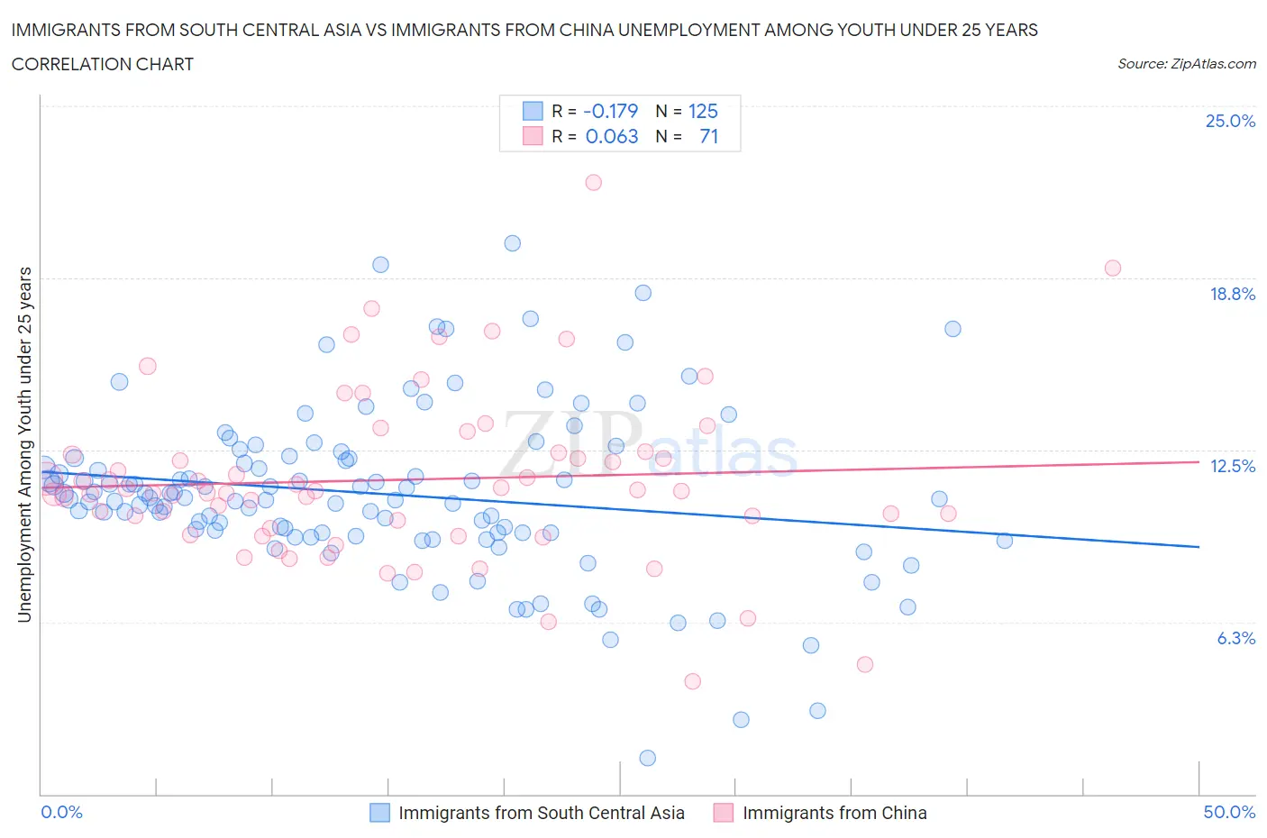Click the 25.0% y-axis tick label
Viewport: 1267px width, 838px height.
1230,122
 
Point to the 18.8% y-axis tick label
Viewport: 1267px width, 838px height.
1232,294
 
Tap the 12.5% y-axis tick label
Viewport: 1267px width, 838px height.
1232,466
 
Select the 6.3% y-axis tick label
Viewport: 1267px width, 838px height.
1235,638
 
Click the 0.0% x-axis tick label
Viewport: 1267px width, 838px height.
61,812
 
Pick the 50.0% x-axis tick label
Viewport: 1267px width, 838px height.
1229,812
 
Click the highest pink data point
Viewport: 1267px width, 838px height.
593,182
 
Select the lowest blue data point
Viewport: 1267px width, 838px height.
647,758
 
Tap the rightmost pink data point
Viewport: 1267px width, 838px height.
1113,268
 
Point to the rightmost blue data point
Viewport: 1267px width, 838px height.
1005,541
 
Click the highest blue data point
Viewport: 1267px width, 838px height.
513,243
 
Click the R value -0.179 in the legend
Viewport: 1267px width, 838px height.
610,111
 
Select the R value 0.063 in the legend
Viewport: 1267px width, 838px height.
611,136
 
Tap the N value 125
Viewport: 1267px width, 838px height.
703,111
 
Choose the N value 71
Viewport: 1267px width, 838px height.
708,136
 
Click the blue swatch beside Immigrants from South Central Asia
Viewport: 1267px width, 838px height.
380,813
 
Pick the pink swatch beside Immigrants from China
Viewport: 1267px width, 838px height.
724,813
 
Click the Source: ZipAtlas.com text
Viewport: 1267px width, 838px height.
1186,64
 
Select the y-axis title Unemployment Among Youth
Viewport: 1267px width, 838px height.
25,444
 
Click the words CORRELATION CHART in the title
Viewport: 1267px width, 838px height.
103,64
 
